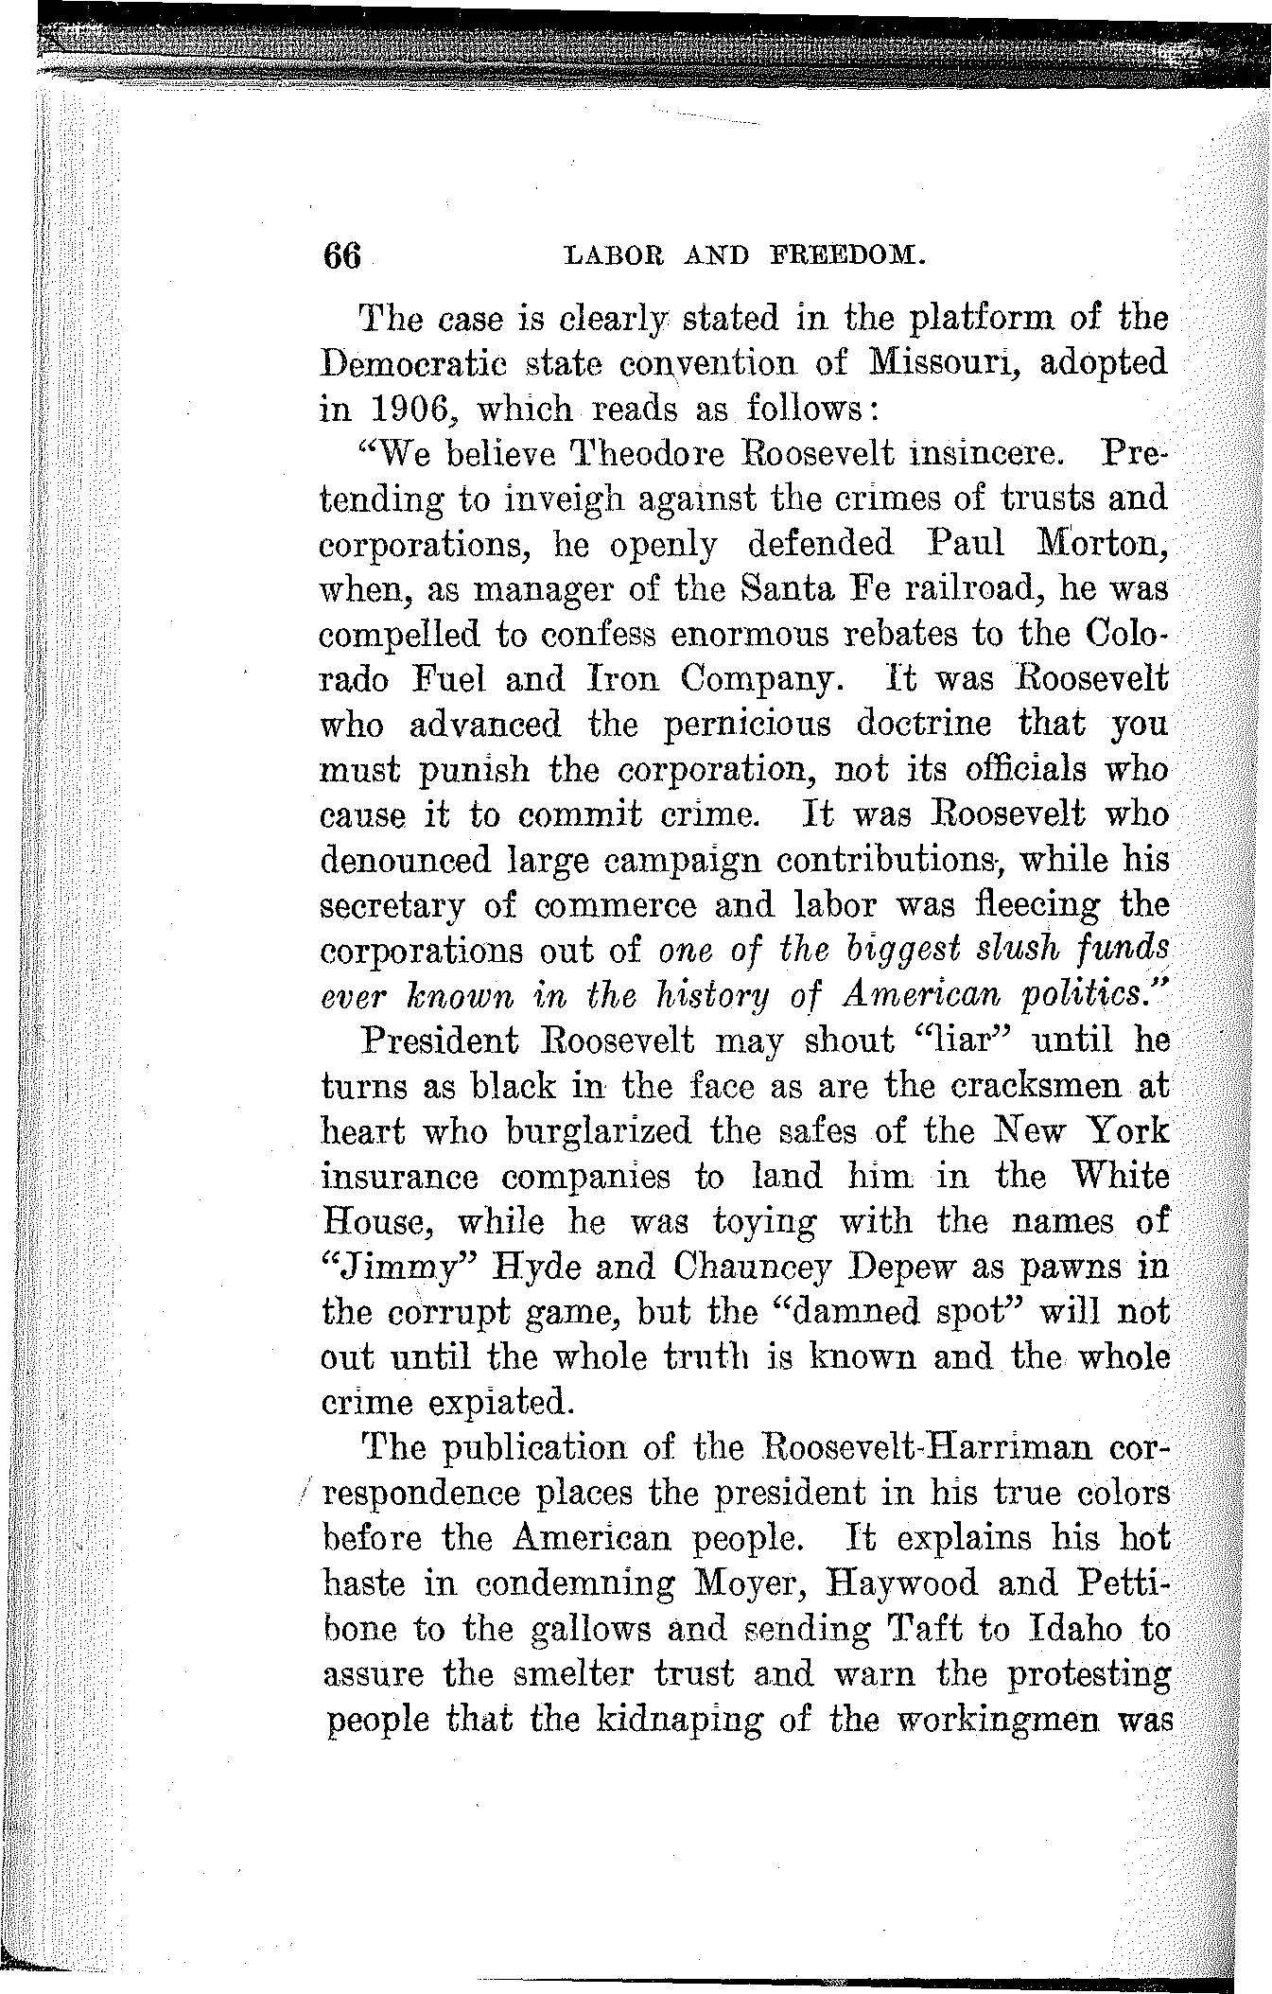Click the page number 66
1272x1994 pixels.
pos(342,256)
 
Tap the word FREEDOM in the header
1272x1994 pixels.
pos(845,255)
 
